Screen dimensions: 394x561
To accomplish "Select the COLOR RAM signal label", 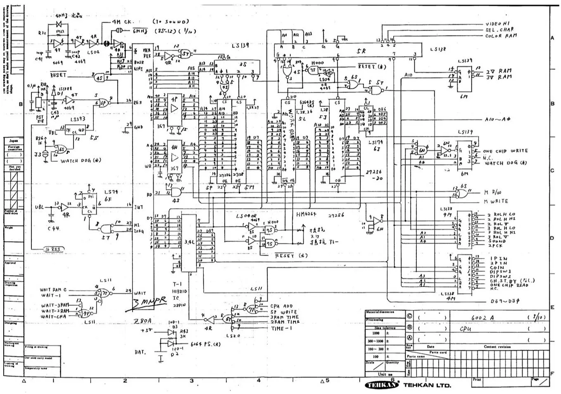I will pos(501,36).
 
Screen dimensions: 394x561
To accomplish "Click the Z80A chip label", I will pos(143,321).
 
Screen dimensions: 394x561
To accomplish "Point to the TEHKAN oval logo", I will pos(382,385).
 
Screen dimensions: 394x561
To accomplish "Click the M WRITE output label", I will pos(496,201).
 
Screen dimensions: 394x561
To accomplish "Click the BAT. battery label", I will pos(140,352).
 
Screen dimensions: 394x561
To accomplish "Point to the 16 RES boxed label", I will pos(53,249).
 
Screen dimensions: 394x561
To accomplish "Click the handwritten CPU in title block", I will pos(466,329).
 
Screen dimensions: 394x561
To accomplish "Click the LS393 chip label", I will pos(77,119).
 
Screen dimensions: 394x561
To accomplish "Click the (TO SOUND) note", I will pos(171,21).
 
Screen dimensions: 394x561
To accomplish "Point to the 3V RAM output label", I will pos(498,77).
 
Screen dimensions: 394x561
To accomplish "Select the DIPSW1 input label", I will pos(501,272).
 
